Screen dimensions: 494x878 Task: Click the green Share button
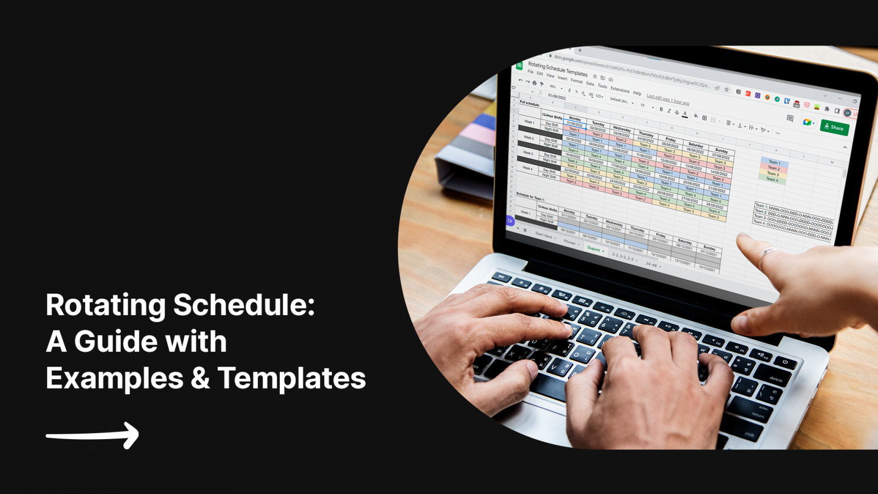(835, 128)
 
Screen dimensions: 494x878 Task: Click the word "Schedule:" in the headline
(244, 305)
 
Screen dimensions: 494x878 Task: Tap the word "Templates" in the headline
(291, 378)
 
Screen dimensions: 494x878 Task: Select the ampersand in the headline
(200, 378)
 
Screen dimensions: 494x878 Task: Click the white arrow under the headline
(93, 436)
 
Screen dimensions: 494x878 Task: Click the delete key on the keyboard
(775, 379)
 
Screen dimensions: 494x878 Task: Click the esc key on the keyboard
(501, 277)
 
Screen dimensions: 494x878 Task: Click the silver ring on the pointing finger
(769, 252)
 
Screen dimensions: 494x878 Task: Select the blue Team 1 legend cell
(774, 162)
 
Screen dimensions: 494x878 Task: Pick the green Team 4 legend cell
(772, 179)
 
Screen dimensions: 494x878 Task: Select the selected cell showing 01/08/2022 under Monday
(574, 124)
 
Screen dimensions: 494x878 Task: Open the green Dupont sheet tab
(594, 249)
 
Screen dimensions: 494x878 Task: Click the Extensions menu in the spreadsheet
(620, 89)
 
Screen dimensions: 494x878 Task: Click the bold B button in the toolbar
(661, 110)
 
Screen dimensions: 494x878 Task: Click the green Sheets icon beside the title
(519, 66)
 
